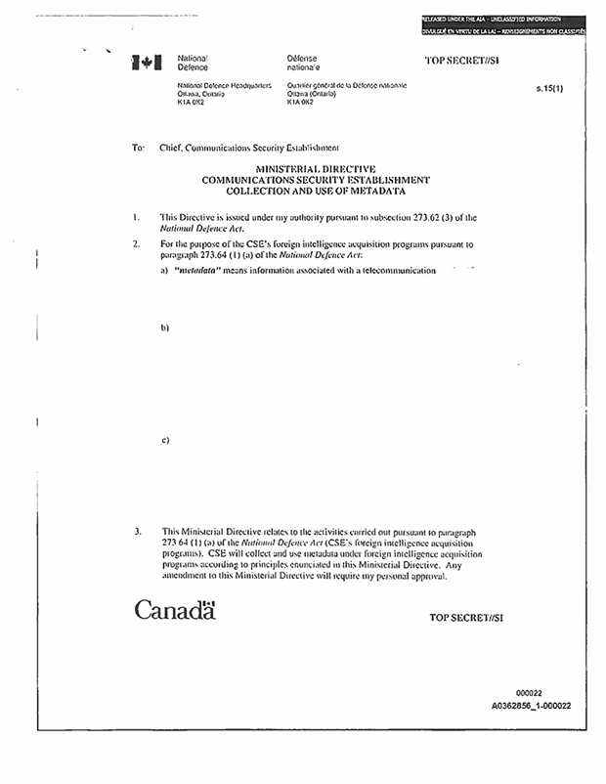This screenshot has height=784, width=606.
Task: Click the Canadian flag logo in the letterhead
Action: point(144,64)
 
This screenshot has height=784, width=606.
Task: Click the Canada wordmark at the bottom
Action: point(174,611)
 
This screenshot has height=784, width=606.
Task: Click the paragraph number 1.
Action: point(135,216)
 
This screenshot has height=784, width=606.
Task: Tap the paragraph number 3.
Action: point(136,533)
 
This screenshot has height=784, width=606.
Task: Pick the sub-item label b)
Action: point(165,327)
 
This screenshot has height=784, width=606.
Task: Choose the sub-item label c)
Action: point(165,440)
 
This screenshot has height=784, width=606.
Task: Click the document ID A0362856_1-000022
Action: point(532,705)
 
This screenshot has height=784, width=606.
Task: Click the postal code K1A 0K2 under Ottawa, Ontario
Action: point(190,102)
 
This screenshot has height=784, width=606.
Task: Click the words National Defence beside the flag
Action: point(193,65)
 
